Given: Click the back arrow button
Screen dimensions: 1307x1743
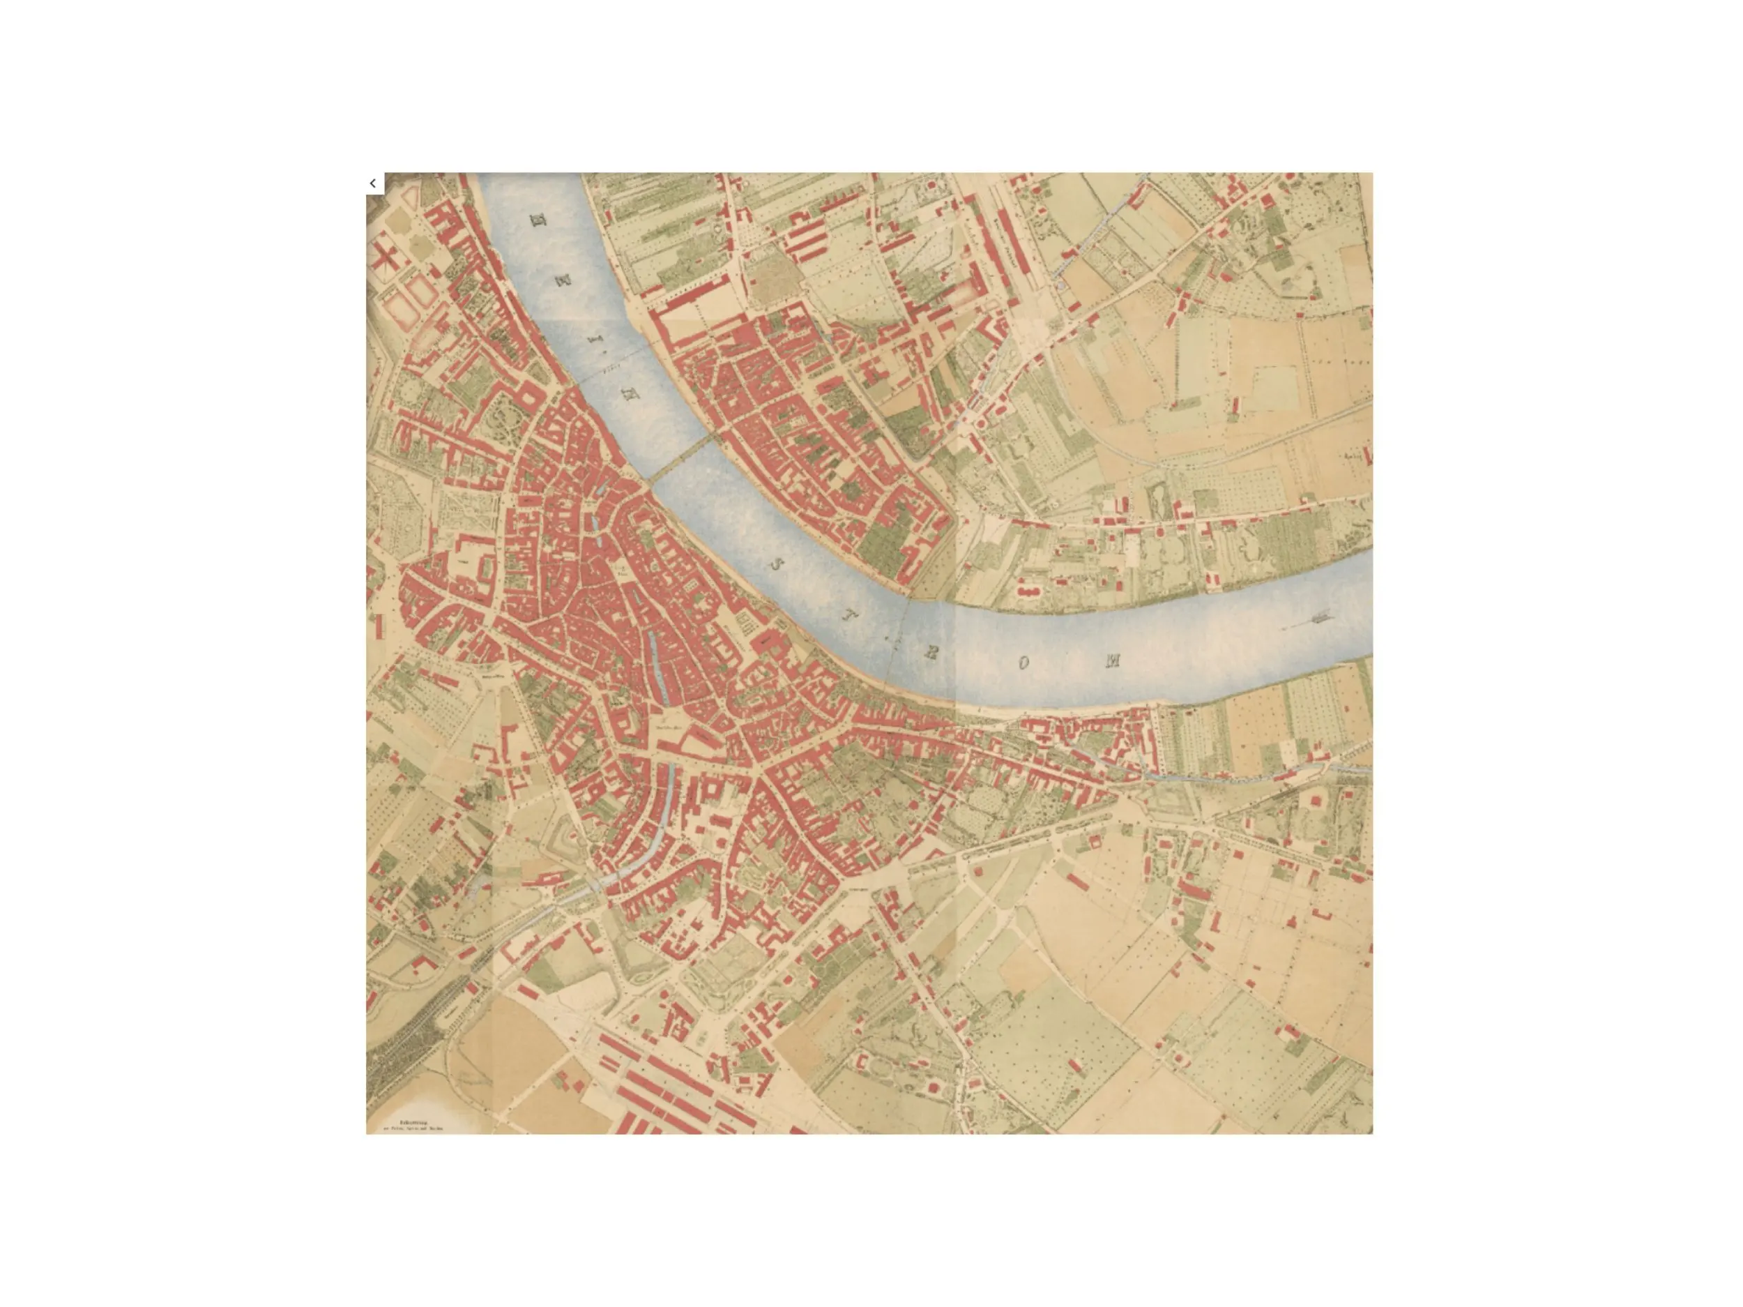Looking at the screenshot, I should pyautogui.click(x=373, y=183).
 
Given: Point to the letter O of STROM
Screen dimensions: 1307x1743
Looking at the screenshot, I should pyautogui.click(x=1023, y=663).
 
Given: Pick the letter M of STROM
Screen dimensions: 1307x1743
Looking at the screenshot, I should pyautogui.click(x=1113, y=660).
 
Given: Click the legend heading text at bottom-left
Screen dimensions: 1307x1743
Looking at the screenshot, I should pyautogui.click(x=413, y=1121).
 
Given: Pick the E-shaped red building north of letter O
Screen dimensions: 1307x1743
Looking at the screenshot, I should pyautogui.click(x=1028, y=588).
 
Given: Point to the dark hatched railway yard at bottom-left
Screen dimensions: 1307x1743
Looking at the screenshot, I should pyautogui.click(x=402, y=1057).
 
